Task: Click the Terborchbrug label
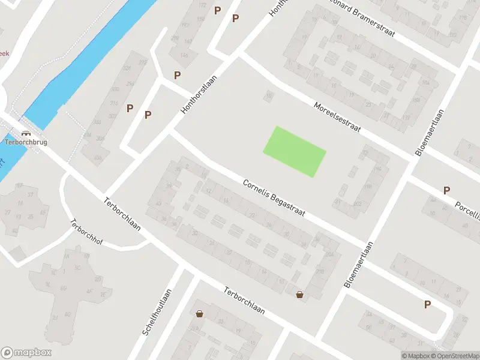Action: (x=25, y=142)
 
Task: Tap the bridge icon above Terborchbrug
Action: (x=25, y=134)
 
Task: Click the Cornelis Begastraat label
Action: (x=274, y=199)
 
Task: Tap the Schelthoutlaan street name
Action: (x=157, y=312)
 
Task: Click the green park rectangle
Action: (x=295, y=151)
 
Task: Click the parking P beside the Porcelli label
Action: (x=446, y=190)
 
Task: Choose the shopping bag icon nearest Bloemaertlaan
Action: (x=299, y=294)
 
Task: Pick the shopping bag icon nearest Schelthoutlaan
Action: (x=200, y=313)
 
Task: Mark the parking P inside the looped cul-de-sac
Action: (x=427, y=304)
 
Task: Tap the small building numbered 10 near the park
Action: (x=269, y=95)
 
